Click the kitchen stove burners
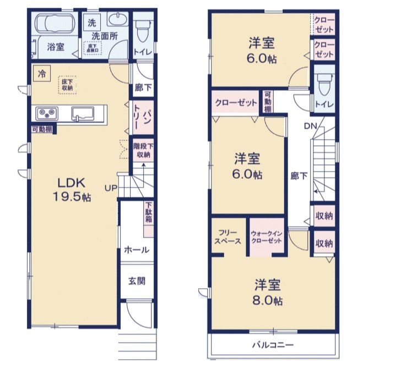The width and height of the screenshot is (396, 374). [46, 114]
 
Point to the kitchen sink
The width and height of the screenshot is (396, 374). [84, 115]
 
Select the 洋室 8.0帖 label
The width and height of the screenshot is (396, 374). [268, 293]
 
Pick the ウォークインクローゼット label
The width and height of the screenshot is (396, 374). [267, 237]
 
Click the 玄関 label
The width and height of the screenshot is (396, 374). [137, 281]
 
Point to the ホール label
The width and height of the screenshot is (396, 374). [137, 250]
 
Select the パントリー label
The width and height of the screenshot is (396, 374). [142, 117]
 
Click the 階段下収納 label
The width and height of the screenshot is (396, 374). [143, 150]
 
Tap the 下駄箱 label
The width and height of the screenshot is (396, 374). [149, 213]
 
